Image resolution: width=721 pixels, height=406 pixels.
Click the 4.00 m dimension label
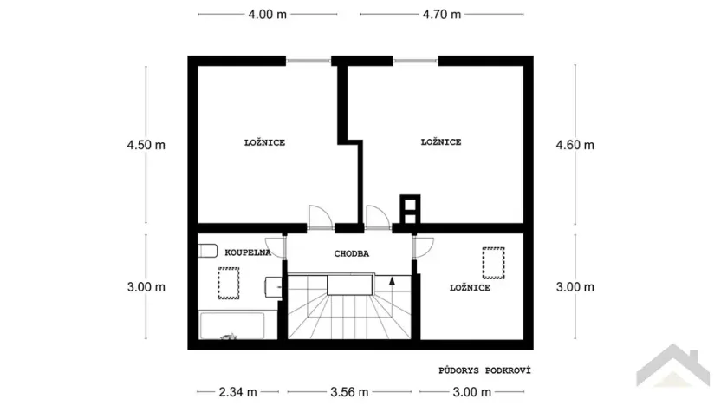coord(267,15)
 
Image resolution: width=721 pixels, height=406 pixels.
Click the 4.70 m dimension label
coord(442,15)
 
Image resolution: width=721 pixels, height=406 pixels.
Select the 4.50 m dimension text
coord(146,145)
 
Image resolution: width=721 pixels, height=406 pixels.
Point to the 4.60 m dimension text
coord(575,145)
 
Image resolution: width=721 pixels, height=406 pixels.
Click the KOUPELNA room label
coord(247,252)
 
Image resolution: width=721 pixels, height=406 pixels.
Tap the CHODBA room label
coord(352,254)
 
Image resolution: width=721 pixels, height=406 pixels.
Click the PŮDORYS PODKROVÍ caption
coord(484,370)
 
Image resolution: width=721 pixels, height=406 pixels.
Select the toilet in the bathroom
coord(206,252)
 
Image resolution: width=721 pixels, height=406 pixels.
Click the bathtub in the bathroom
coord(232,326)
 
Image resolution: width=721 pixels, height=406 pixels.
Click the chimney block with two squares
coord(407,209)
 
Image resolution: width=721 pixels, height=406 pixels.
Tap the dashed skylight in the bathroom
coord(229,282)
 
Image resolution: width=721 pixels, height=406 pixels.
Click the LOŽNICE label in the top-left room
coord(264,142)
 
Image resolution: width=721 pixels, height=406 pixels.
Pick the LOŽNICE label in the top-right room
coord(440,142)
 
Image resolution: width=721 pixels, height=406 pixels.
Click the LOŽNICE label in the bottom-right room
coord(470,287)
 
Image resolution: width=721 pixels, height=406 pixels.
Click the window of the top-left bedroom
coord(309,60)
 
